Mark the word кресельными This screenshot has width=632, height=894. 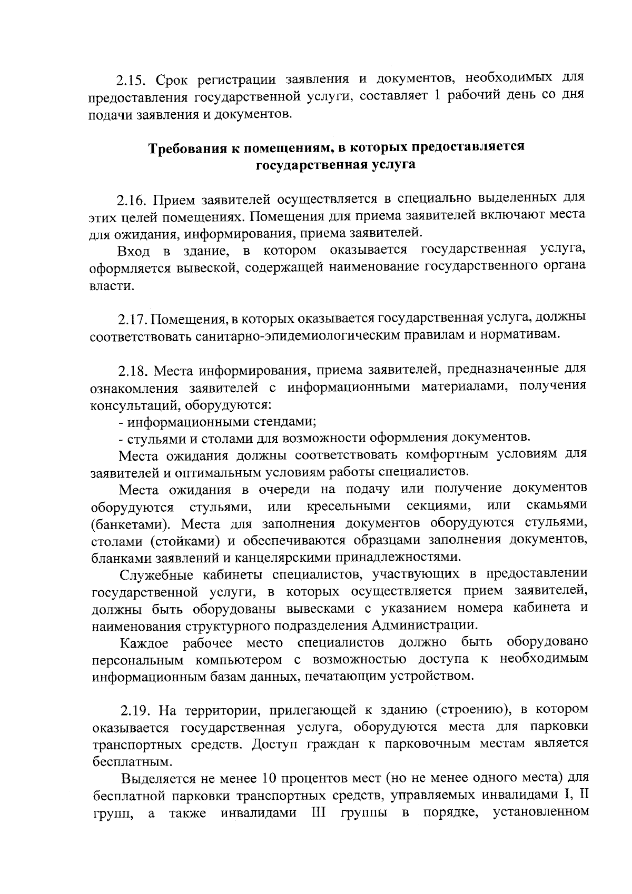tap(348, 506)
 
